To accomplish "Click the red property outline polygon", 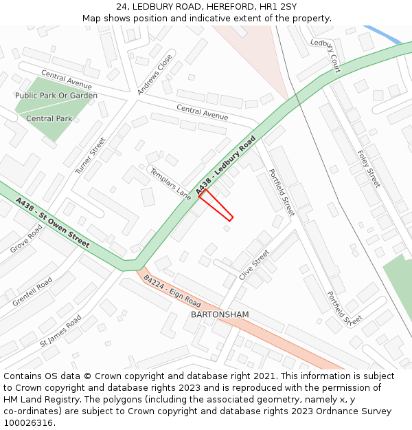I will pos(216,205).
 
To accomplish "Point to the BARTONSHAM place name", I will pos(220,314).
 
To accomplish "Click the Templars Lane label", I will pos(170,183).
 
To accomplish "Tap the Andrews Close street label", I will pos(154,74).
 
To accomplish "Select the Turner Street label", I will pos(91,155).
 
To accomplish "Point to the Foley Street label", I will pos(369,169).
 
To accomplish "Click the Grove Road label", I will pos(26,238).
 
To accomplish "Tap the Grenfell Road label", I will pos(32,292).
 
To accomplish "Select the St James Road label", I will pos(60,330).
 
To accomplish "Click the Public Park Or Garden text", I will pos(56,96).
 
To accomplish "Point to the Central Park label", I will pos(49,118).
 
